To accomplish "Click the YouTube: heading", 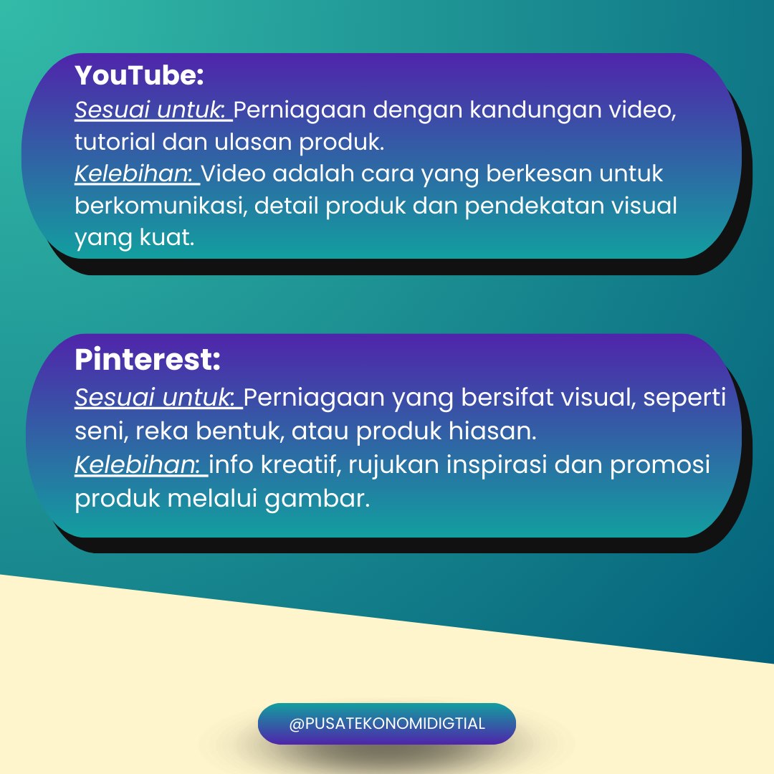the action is click(139, 75).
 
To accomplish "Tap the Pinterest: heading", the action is click(148, 359).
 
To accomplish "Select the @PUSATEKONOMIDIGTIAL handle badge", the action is click(387, 724).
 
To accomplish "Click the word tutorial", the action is click(115, 142).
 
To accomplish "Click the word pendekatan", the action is click(535, 206).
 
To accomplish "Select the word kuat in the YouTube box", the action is click(167, 237).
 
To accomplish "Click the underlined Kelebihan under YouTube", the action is click(137, 173).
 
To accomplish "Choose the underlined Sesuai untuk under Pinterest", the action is click(158, 397).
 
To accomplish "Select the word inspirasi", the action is click(497, 465).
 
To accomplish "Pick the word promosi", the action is click(660, 465).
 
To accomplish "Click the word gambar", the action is click(317, 499).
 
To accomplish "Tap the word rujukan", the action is click(394, 465).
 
